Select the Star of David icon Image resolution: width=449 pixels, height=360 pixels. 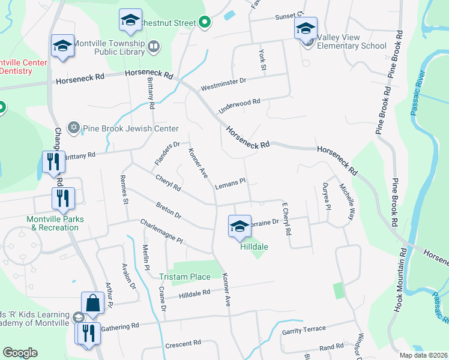[74, 128]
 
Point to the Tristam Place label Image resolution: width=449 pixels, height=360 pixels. [185, 277]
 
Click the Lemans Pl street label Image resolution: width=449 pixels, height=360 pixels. [231, 182]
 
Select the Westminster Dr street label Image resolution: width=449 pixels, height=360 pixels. [224, 81]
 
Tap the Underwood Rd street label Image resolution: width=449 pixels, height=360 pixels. [240, 106]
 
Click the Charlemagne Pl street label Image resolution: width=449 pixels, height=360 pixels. [161, 231]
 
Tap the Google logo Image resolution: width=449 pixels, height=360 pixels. [20, 353]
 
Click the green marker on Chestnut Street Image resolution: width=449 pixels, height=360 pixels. [204, 23]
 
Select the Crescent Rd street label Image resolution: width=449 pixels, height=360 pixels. [182, 344]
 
